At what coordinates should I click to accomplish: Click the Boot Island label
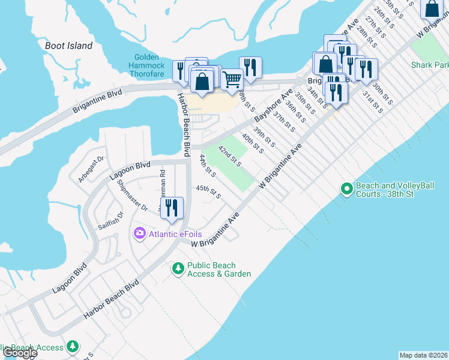coord(69,46)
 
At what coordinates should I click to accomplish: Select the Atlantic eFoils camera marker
coord(140,233)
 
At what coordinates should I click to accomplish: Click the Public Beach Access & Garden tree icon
coord(178,268)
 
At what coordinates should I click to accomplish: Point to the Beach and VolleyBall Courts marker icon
coord(346,189)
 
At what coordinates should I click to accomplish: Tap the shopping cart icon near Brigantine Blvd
coord(232,79)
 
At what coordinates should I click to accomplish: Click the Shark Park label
coord(430,65)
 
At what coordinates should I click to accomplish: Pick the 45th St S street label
coord(208,191)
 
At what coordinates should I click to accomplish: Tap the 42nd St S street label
coord(229,155)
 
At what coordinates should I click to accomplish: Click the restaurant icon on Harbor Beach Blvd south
coord(172,208)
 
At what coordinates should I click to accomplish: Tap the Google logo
coord(19,353)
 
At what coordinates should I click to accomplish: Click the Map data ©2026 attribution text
coord(423,355)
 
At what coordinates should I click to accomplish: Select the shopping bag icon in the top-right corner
coord(432,8)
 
